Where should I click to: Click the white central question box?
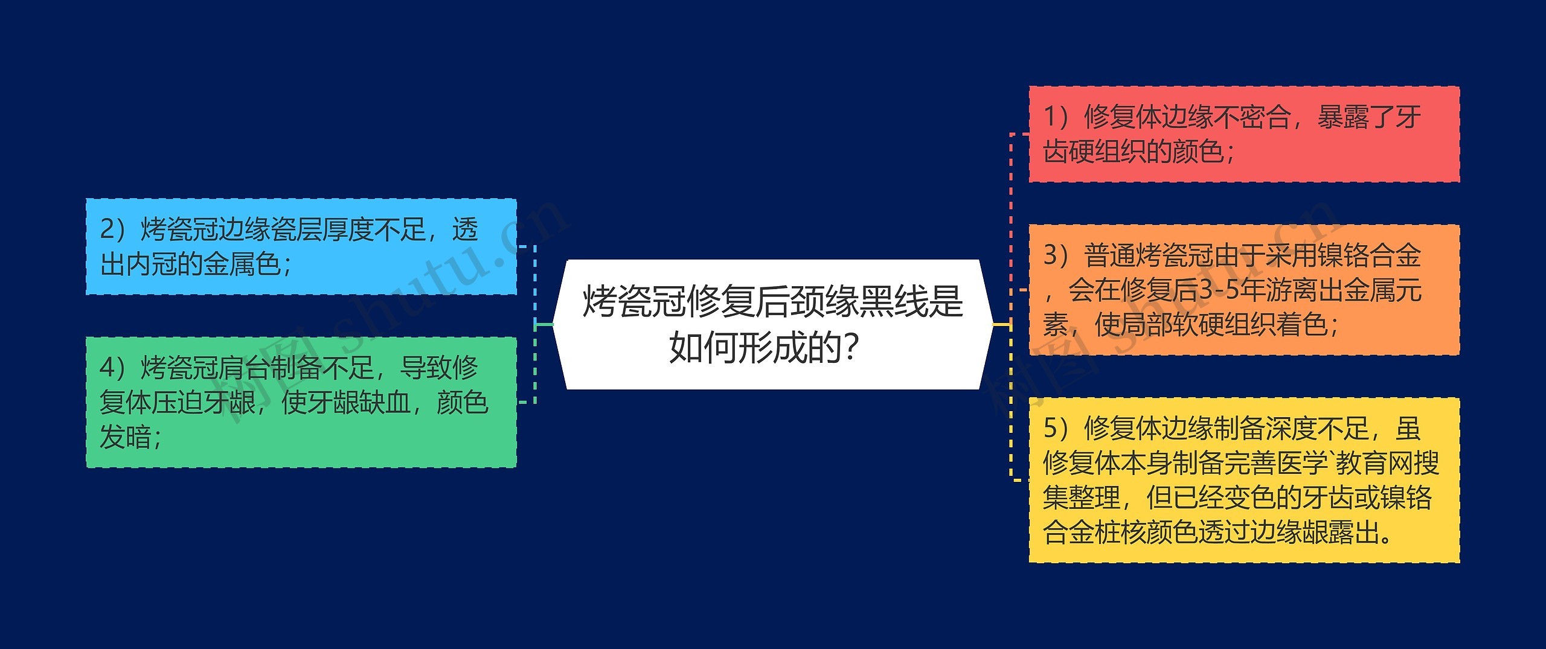(x=773, y=325)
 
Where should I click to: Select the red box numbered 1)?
(x=1244, y=134)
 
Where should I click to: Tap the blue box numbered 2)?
(x=301, y=246)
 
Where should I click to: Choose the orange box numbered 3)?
(x=1244, y=290)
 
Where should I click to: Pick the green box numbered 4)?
(x=301, y=402)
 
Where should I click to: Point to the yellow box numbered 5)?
(x=1244, y=480)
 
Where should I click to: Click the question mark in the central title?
(x=852, y=348)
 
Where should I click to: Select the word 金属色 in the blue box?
(x=242, y=264)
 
